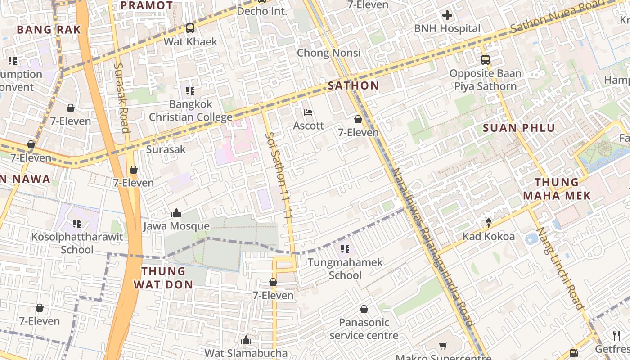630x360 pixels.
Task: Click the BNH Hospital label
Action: [447, 28]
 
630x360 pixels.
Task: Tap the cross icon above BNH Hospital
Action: [447, 16]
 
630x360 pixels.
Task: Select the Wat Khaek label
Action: [190, 42]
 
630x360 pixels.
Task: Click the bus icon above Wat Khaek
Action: [190, 28]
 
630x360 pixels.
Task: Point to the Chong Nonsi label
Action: [328, 53]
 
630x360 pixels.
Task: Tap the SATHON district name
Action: [353, 85]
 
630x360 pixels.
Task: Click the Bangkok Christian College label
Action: [190, 111]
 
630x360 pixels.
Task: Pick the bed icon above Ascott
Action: [308, 112]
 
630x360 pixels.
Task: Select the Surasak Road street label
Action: [121, 98]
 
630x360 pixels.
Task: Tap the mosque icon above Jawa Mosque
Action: [176, 213]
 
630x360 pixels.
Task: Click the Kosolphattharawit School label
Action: [77, 243]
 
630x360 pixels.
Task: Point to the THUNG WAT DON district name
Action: [163, 278]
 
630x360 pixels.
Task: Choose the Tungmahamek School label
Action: [345, 269]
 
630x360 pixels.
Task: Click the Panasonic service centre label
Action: [364, 329]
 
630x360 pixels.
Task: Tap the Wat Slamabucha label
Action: [246, 353]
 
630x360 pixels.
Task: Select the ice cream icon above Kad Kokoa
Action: [489, 223]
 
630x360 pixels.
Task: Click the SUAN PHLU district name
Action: [519, 128]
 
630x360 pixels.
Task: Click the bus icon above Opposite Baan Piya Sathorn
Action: [485, 60]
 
